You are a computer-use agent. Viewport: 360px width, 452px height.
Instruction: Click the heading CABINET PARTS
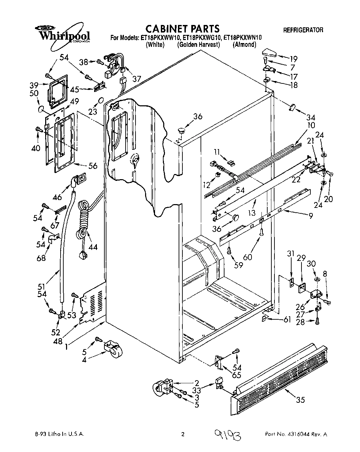coord(182,28)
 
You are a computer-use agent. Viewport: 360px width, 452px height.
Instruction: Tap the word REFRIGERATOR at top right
coord(303,30)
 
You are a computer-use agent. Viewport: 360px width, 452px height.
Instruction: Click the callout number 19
coord(293,58)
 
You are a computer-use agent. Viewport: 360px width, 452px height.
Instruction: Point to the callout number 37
coord(137,79)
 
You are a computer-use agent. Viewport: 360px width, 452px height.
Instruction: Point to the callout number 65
coord(236,375)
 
